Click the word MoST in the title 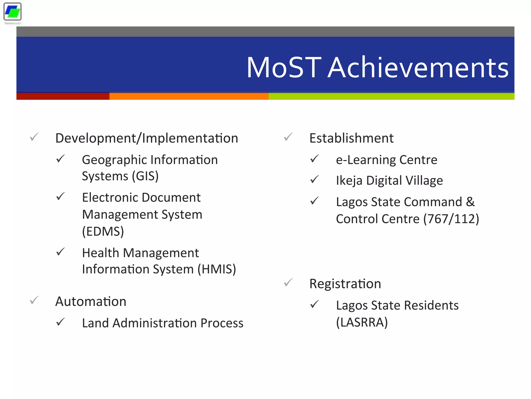(284, 68)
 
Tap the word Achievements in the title (418, 68)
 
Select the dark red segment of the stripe (63, 96)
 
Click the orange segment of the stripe (189, 96)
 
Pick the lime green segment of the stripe (391, 96)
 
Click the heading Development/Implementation (147, 138)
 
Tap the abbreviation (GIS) (145, 176)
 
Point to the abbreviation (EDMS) (103, 231)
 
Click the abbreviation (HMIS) (216, 269)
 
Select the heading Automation (91, 302)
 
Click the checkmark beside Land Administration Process (60, 322)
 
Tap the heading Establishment (351, 138)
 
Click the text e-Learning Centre (386, 160)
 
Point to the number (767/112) (451, 219)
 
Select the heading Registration (345, 284)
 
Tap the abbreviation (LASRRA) (362, 322)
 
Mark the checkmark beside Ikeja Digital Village (314, 180)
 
